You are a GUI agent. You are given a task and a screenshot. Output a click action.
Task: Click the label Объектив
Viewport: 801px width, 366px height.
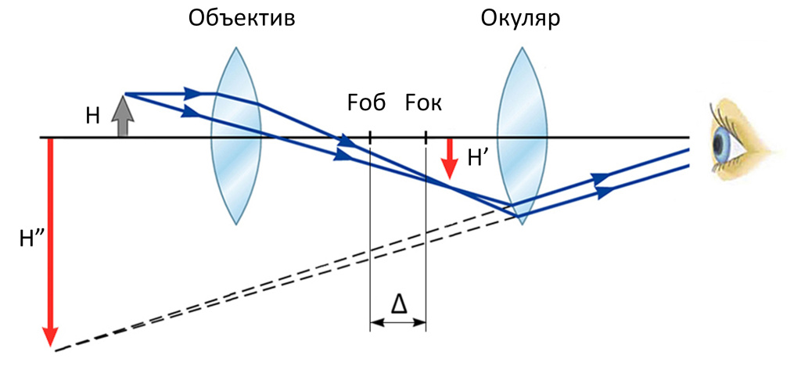pos(242,18)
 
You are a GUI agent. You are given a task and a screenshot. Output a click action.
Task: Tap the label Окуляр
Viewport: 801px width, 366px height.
pos(520,18)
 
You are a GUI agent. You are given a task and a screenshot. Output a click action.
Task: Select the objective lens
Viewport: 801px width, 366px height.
pos(235,137)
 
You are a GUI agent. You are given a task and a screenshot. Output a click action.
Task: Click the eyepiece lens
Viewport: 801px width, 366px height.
pos(523,137)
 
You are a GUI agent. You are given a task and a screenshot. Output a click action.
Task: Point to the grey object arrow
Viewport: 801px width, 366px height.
pos(122,117)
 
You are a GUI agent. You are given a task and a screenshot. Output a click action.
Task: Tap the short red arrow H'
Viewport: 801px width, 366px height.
pos(450,157)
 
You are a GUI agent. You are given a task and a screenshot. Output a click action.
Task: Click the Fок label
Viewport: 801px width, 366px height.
pos(423,103)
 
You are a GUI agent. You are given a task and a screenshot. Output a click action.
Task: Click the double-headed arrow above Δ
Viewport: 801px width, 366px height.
pos(397,321)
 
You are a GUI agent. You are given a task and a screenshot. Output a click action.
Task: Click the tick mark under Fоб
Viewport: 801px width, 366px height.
pos(370,138)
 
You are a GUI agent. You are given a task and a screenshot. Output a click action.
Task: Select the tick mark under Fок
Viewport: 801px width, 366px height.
pos(426,138)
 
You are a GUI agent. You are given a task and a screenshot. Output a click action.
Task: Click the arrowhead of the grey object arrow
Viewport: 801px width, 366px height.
pos(122,102)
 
